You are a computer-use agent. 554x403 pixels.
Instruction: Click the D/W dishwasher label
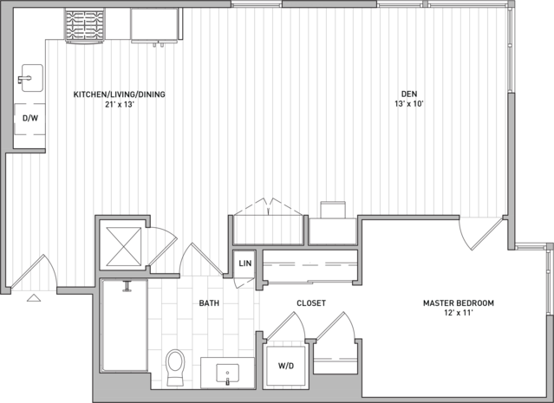pyautogui.click(x=30, y=119)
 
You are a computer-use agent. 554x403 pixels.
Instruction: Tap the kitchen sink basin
pyautogui.click(x=32, y=78)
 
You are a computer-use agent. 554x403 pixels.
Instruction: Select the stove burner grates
pyautogui.click(x=85, y=25)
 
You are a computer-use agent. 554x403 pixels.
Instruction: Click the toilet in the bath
pyautogui.click(x=175, y=367)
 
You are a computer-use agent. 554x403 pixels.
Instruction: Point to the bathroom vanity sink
pyautogui.click(x=227, y=374)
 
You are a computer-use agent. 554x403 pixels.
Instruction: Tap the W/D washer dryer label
pyautogui.click(x=286, y=366)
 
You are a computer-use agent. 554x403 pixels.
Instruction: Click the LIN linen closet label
pyautogui.click(x=245, y=263)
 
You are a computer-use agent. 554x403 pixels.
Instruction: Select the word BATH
pyautogui.click(x=209, y=303)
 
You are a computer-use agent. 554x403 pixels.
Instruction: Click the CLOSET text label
pyautogui.click(x=311, y=303)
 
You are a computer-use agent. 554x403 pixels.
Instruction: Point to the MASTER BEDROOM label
pyautogui.click(x=459, y=303)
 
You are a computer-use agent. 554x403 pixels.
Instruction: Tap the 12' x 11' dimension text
pyautogui.click(x=459, y=313)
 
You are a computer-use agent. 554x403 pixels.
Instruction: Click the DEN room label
pyautogui.click(x=409, y=94)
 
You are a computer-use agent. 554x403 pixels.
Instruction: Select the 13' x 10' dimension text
pyautogui.click(x=409, y=104)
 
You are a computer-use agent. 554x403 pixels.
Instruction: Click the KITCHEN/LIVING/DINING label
pyautogui.click(x=120, y=94)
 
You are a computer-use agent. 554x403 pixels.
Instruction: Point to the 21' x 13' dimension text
pyautogui.click(x=120, y=105)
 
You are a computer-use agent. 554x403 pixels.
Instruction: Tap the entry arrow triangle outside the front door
pyautogui.click(x=34, y=298)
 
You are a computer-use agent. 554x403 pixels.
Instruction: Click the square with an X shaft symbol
pyautogui.click(x=124, y=246)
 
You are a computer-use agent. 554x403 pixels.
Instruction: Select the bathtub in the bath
pyautogui.click(x=124, y=325)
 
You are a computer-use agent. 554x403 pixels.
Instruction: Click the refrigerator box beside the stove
pyautogui.click(x=154, y=25)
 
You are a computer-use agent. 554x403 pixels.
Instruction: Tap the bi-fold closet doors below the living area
pyautogui.click(x=269, y=207)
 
